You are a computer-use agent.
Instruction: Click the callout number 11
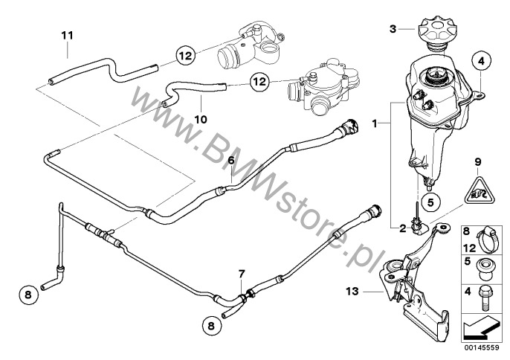67,35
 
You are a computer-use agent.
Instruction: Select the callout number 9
479,161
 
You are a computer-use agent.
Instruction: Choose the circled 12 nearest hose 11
186,54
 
